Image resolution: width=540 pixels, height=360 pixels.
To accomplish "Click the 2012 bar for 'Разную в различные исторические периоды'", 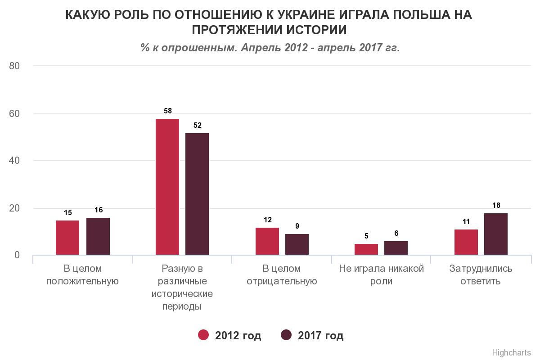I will coord(167,187).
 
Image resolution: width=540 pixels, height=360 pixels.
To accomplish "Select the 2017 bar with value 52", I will coord(197,194).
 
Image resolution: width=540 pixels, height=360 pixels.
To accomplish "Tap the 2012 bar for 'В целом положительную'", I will coord(67,238).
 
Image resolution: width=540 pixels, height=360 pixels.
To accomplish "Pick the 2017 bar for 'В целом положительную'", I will coord(98,236).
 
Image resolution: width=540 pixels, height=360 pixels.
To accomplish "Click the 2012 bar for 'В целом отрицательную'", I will coord(267,241).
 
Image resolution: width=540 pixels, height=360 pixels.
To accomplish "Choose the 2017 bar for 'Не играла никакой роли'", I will coord(396,248).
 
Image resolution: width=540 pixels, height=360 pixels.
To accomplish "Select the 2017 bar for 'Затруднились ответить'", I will coord(496,234).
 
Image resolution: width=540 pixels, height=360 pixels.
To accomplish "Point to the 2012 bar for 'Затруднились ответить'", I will coord(466,242).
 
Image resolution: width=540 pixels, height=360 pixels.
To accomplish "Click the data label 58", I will coord(167,111).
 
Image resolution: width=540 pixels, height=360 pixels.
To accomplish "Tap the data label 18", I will coord(496,205).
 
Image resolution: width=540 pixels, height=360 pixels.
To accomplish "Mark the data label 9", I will coord(297,226).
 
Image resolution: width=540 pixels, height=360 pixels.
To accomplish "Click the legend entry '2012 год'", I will coord(230,336).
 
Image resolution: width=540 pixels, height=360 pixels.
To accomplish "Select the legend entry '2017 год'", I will coord(312,336).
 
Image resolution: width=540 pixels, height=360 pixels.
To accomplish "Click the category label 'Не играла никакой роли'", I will coord(382,275).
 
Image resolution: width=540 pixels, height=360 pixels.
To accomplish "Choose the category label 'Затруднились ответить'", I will coord(481,275).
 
